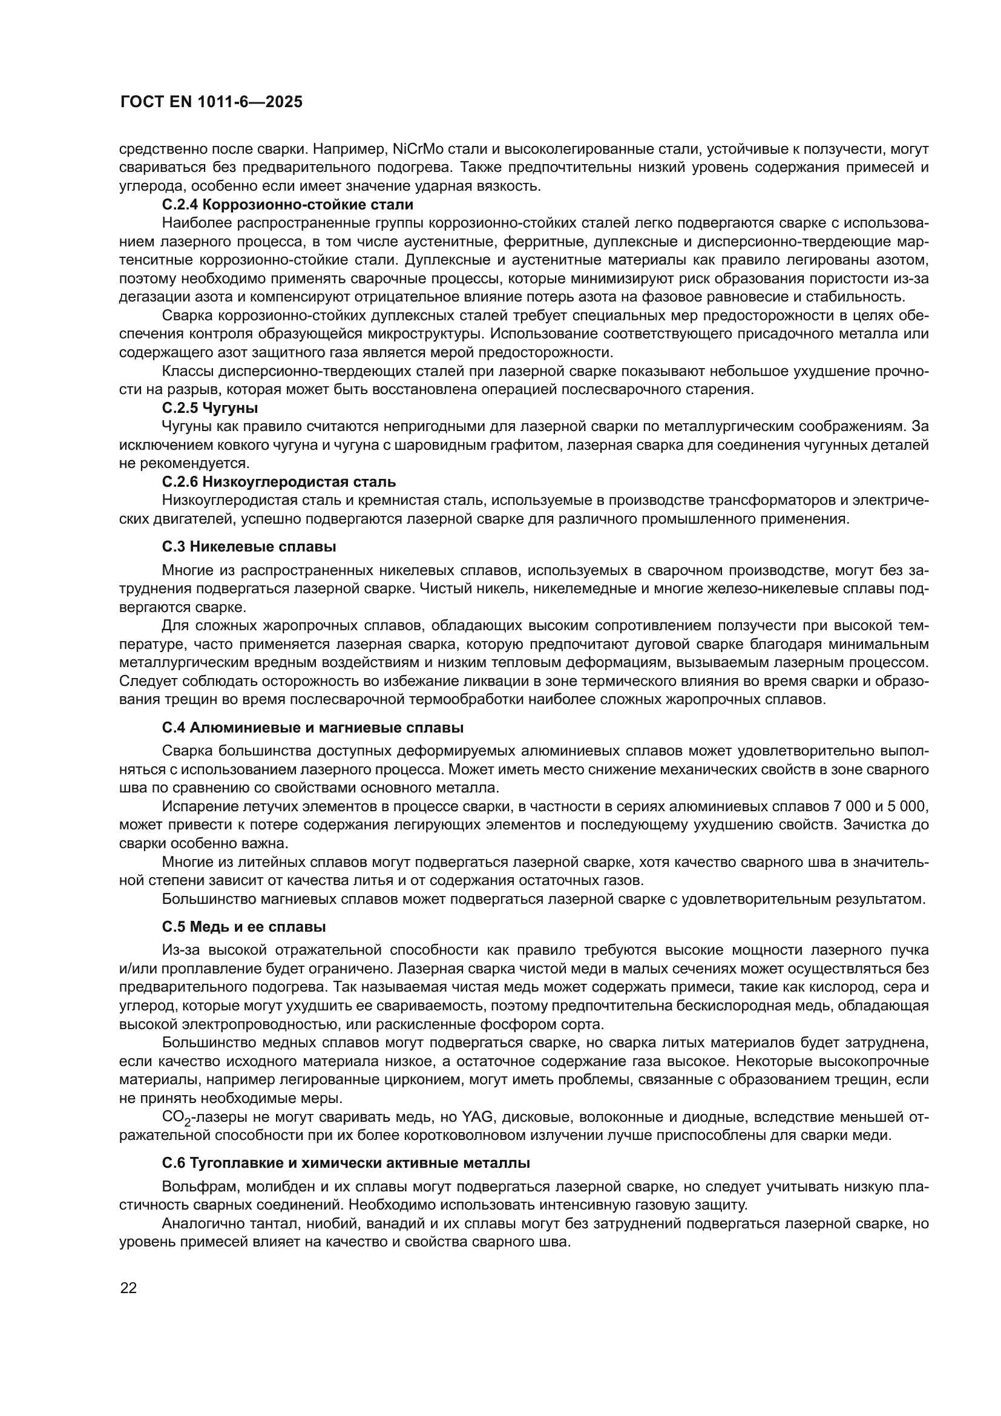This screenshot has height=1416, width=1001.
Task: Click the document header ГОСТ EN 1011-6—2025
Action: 211,102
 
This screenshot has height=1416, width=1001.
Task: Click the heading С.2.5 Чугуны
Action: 209,407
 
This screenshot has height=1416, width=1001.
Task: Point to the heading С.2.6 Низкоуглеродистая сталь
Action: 278,481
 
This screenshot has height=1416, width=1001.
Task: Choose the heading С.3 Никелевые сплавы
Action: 249,547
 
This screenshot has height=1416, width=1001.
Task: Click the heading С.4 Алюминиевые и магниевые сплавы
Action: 312,728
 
